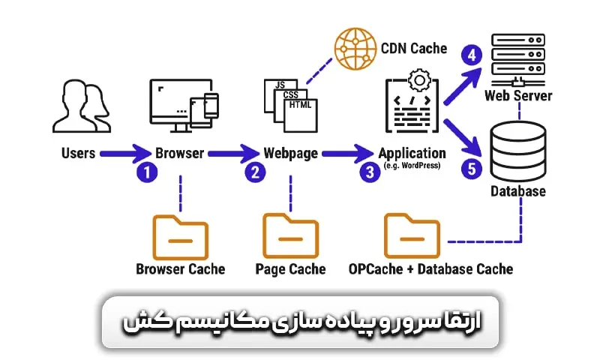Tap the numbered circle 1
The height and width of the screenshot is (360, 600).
pos(147,172)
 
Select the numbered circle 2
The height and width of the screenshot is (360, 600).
pos(256,172)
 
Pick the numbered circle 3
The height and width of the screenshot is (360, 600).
pos(369,172)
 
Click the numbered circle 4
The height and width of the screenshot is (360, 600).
pos(472,55)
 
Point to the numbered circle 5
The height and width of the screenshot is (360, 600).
pos(472,169)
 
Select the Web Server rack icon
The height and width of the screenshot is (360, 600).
pos(518,58)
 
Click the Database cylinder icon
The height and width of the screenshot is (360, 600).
pos(517,149)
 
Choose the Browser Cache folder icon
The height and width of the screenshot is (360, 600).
pos(180,237)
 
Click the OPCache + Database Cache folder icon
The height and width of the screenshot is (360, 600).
pos(412,236)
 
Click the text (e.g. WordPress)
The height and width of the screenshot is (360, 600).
pos(412,166)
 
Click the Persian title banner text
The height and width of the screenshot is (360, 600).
pos(300,322)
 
